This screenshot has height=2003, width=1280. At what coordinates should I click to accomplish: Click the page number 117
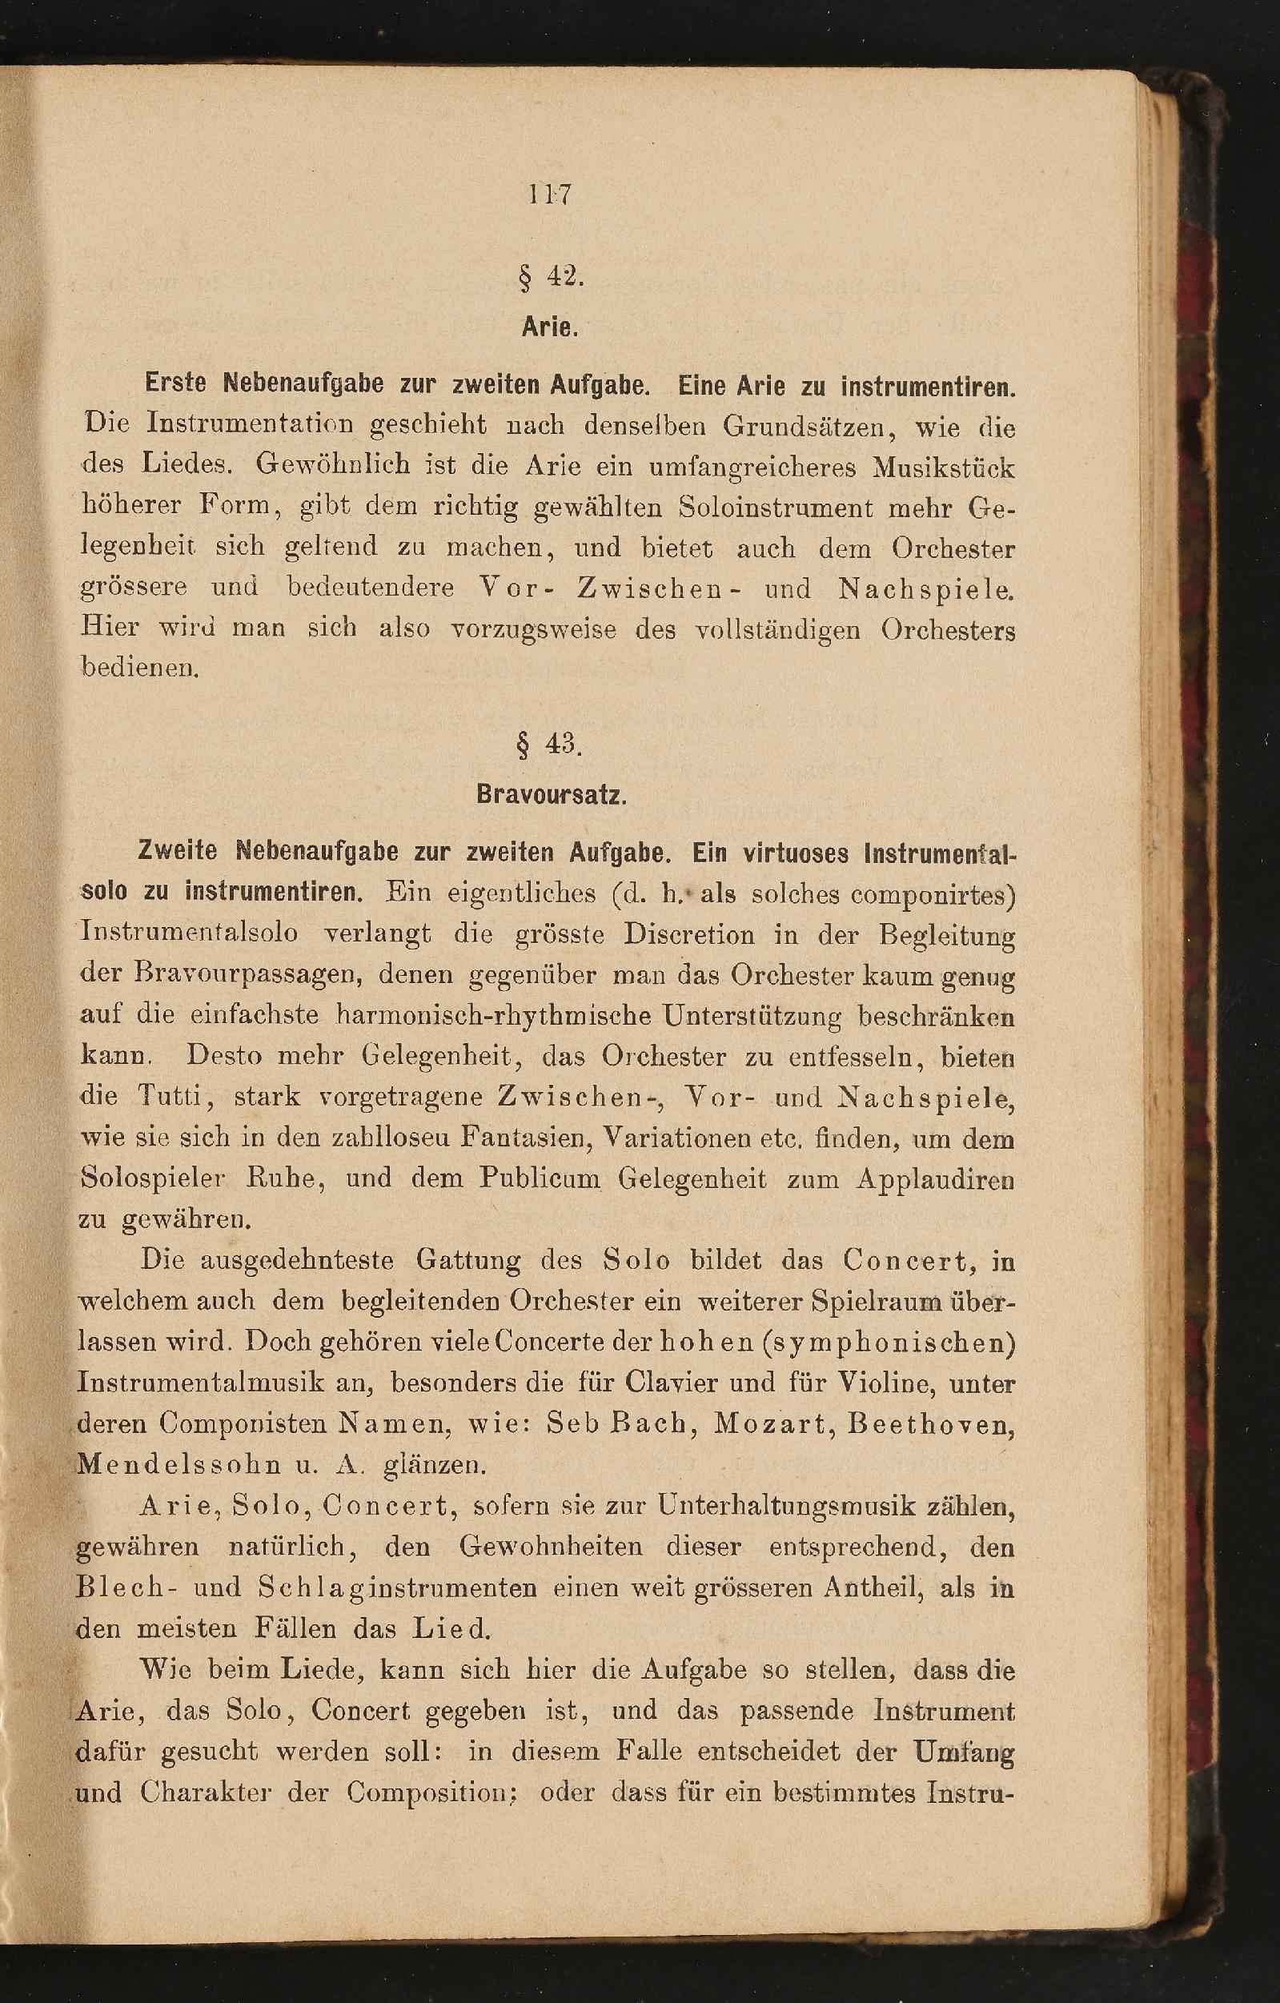(549, 195)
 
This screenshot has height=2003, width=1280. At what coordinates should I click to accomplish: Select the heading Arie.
(550, 327)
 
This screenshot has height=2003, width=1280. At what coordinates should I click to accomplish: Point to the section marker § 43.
(550, 745)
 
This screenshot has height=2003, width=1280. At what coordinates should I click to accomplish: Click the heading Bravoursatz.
(551, 796)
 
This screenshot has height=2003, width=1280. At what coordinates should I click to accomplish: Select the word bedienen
(139, 667)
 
